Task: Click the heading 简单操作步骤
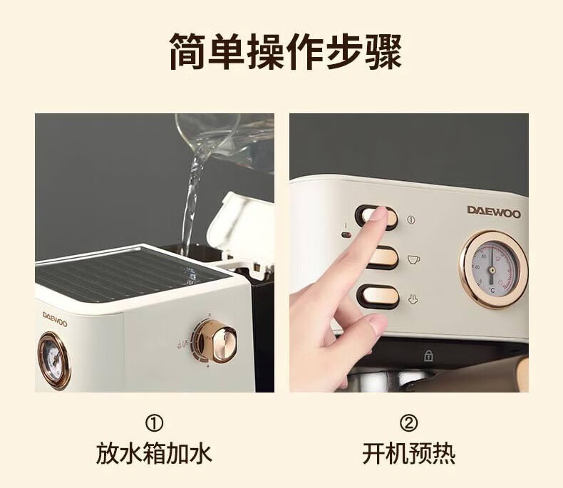point(286,51)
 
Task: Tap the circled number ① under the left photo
point(154,423)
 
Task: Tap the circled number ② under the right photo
point(408,423)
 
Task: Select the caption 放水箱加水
point(154,454)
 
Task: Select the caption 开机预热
point(408,454)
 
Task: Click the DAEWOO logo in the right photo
point(494,212)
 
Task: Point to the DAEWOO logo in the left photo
point(55,319)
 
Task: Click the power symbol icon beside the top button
point(411,219)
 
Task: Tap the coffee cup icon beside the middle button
point(413,259)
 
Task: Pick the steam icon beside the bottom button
point(413,299)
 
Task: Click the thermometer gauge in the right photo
point(493,269)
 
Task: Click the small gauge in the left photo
point(54,360)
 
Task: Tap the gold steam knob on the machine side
point(215,341)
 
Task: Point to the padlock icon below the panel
point(428,355)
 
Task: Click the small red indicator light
point(346,235)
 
